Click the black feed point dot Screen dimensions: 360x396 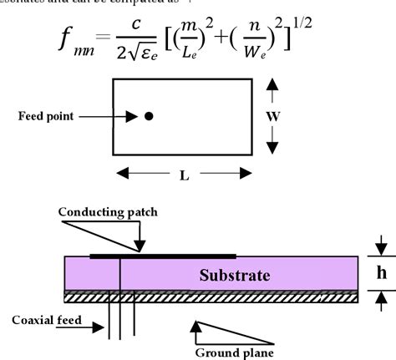click(149, 116)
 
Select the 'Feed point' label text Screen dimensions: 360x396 click(49, 116)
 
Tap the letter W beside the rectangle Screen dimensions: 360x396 click(273, 117)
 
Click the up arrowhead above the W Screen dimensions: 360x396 click(273, 85)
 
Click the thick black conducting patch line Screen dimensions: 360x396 click(163, 256)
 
